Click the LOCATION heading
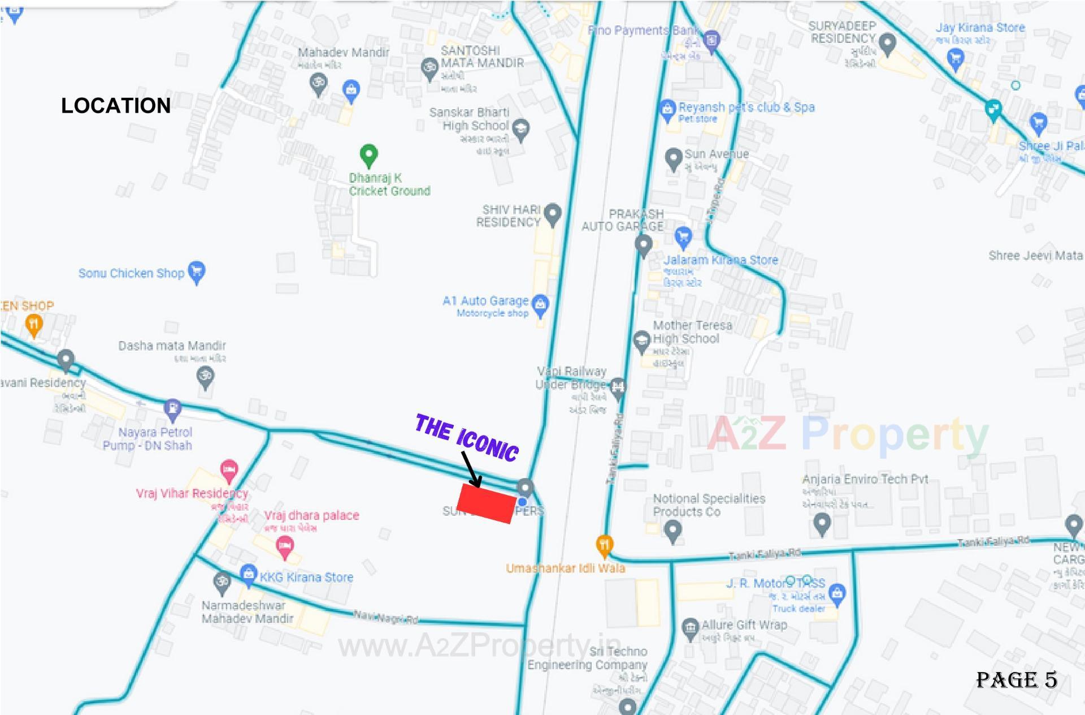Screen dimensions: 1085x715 pos(116,106)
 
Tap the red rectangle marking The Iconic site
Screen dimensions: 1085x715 pos(486,503)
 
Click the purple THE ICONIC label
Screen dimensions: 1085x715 pos(467,437)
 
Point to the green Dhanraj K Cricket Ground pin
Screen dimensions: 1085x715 pos(368,155)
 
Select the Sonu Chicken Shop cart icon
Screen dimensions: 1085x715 pos(197,272)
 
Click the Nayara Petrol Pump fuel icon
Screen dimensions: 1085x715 pos(172,409)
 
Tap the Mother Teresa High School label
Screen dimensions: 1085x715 pos(692,332)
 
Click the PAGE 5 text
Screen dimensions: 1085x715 pos(1016,680)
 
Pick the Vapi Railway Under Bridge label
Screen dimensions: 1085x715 pos(571,378)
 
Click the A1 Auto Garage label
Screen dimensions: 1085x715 pos(485,301)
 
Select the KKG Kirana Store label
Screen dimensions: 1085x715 pos(306,578)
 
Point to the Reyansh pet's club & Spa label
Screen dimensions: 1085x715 pos(747,107)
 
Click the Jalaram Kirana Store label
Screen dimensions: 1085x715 pos(721,260)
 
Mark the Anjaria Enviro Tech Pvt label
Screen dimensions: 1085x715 pos(865,479)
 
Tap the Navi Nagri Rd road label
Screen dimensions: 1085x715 pos(386,617)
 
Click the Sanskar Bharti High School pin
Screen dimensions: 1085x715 pos(520,129)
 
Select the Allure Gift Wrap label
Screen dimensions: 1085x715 pos(744,625)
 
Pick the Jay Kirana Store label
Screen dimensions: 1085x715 pos(980,28)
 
